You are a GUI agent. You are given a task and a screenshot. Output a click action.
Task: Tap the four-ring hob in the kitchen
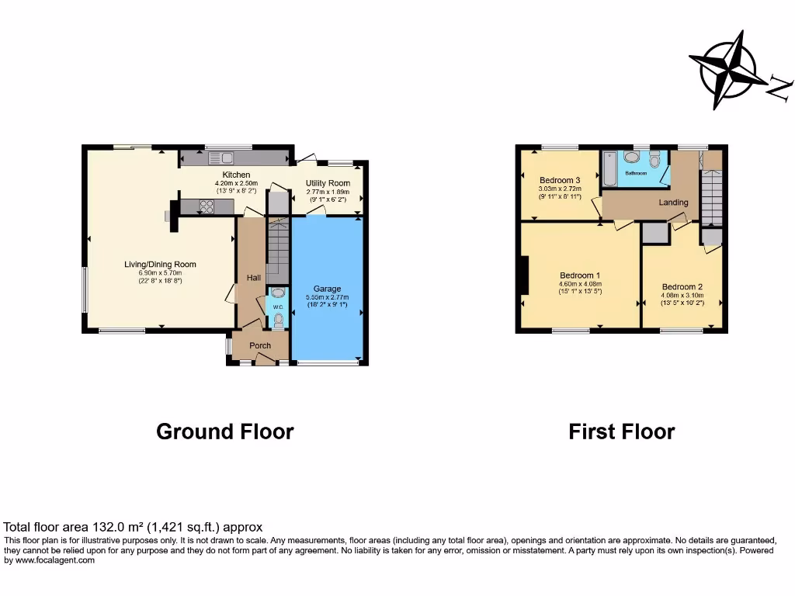click(207, 206)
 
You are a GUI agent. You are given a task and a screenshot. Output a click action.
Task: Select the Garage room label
click(327, 289)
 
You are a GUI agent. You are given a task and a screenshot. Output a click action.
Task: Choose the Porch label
click(260, 345)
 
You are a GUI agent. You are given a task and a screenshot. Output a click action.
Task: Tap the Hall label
click(254, 278)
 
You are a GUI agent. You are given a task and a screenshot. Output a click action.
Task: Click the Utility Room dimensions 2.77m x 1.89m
click(327, 191)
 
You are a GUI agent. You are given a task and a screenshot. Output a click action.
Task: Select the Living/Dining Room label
click(161, 265)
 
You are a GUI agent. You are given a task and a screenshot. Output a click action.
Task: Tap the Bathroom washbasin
click(632, 157)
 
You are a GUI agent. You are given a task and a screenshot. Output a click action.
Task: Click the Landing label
click(673, 203)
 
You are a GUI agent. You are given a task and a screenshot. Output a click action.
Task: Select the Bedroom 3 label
click(560, 180)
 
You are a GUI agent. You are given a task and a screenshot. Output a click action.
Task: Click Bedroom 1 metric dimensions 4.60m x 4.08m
click(580, 284)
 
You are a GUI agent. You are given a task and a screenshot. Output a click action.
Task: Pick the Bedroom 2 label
click(682, 286)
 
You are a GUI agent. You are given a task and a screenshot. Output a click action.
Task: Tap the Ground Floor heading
click(224, 431)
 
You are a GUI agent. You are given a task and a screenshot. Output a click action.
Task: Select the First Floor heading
click(621, 431)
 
